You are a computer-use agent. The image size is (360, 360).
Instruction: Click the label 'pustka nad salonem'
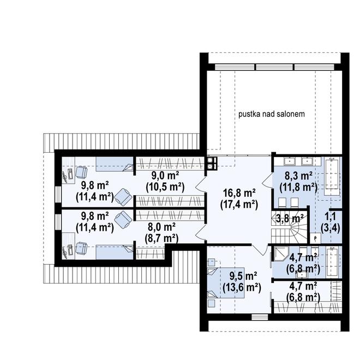[x=272, y=114]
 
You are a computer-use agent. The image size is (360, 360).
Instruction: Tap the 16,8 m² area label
[x=239, y=193]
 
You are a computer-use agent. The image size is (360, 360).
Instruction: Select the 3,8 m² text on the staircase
[x=290, y=218]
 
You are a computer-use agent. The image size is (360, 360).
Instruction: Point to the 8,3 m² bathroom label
[x=298, y=176]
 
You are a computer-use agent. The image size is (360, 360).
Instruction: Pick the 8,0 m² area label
[x=161, y=227]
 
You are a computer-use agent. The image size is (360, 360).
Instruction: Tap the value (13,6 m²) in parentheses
[x=242, y=287]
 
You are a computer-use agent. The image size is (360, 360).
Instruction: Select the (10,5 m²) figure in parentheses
[x=165, y=187]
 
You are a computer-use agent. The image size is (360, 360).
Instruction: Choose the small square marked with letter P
[x=315, y=238]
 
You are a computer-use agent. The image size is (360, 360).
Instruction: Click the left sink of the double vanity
[x=290, y=161]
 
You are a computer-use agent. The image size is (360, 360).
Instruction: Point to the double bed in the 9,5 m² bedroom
[x=225, y=283]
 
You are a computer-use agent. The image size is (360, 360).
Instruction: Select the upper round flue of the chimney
[x=210, y=160]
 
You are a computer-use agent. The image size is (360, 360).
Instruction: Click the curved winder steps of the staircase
[x=298, y=230]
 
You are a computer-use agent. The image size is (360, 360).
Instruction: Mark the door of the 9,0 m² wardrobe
[x=200, y=184]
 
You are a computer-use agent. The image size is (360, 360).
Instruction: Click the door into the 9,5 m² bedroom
[x=260, y=250]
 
